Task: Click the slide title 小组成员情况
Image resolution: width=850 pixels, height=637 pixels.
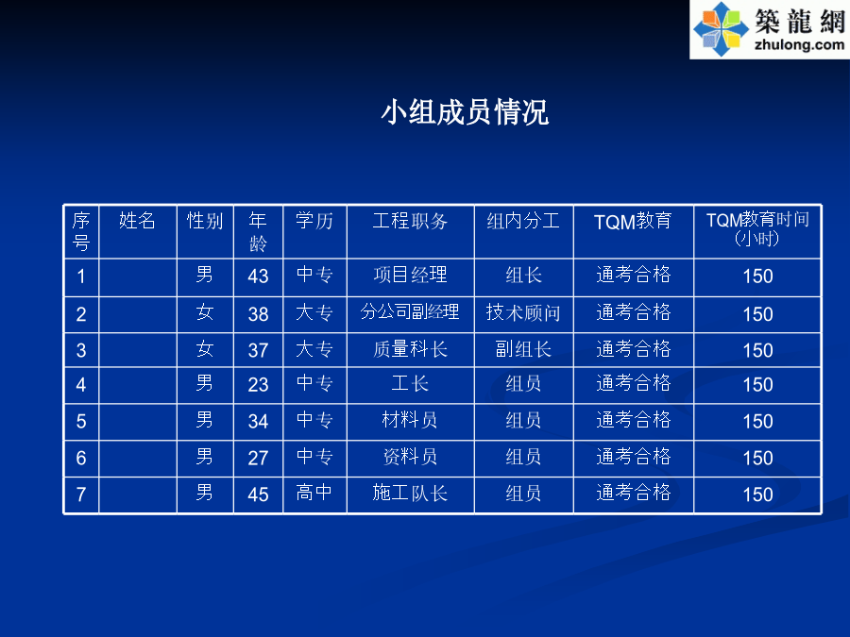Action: point(465,112)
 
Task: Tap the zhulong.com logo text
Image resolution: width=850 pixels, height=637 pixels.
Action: point(799,44)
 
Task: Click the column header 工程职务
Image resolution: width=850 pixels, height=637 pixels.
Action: point(410,221)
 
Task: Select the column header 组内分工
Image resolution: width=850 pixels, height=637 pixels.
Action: point(523,221)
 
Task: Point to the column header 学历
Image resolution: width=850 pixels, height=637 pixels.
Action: point(314,221)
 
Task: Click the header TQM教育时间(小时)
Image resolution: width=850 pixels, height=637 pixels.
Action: point(757,228)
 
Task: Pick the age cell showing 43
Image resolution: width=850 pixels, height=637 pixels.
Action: point(258,277)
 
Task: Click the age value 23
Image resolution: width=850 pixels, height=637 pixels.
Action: point(258,385)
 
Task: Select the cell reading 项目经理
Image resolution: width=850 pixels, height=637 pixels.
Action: point(410,275)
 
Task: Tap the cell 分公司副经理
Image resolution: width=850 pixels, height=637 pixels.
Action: point(410,311)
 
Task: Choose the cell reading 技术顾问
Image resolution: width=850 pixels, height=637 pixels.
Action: point(523,312)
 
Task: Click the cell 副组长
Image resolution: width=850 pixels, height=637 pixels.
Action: point(523,349)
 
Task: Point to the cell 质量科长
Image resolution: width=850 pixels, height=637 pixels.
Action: point(410,349)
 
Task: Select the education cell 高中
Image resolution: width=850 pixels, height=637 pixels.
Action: point(314,493)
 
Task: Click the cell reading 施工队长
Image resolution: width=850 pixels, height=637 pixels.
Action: point(410,493)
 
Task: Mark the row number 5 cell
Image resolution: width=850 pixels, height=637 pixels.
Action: point(81,422)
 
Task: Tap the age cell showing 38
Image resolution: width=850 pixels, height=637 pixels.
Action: point(258,314)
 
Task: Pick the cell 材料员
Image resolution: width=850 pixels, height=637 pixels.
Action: point(410,420)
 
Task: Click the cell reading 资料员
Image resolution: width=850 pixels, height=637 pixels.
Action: point(410,457)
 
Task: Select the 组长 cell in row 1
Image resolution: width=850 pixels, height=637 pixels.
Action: point(523,276)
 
